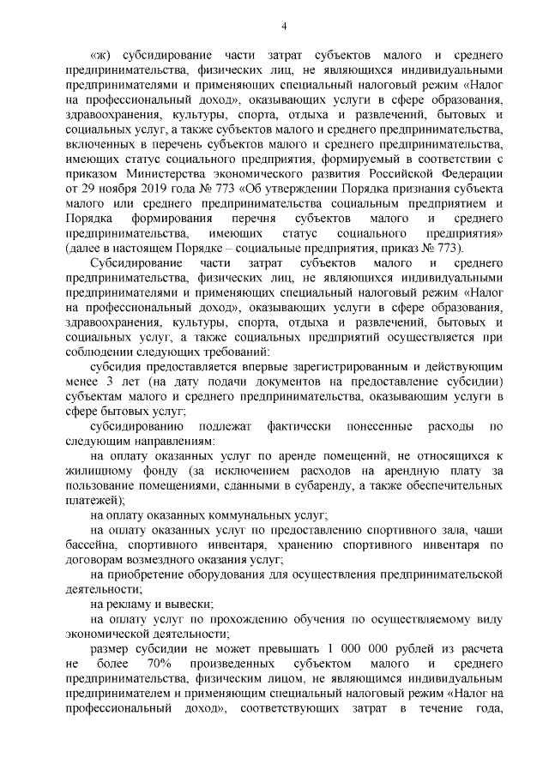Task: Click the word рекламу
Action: pyautogui.click(x=125, y=604)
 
